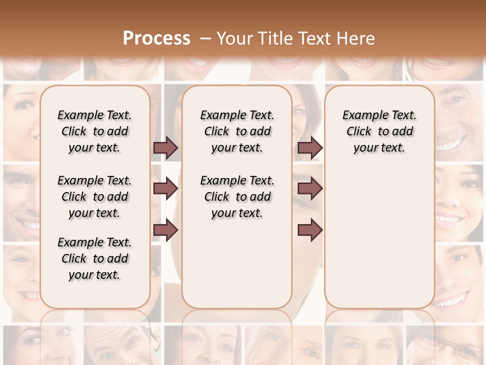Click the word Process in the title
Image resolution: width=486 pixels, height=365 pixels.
156,39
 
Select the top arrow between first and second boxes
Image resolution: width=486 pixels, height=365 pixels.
166,148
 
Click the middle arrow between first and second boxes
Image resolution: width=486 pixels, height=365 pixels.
166,189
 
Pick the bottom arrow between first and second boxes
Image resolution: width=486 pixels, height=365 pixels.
166,230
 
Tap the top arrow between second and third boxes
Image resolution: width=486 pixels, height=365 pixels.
310,148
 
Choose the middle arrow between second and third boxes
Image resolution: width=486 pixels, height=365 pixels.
310,189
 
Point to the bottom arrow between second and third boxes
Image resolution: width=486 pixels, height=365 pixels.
310,230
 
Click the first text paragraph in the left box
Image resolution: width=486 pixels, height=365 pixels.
95,131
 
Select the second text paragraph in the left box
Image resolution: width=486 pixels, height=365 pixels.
95,197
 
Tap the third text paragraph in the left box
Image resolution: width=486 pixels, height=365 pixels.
95,259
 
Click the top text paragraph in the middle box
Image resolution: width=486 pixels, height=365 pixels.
237,131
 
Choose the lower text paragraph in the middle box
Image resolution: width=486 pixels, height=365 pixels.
237,197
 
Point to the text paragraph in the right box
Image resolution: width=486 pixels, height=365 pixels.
379,131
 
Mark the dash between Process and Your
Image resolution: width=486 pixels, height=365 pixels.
205,39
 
